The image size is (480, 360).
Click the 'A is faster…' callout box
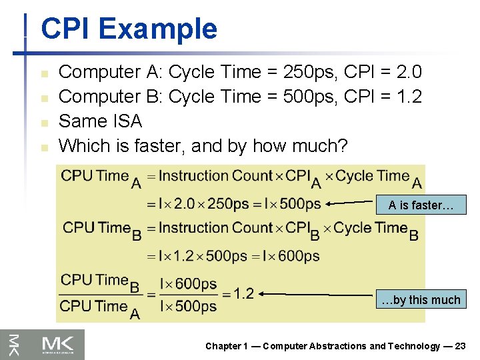point(421,205)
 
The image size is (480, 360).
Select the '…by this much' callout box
point(421,299)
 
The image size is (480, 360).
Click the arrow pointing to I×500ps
point(351,204)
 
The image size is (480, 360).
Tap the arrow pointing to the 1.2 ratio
point(317,294)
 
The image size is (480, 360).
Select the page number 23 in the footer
point(460,346)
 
